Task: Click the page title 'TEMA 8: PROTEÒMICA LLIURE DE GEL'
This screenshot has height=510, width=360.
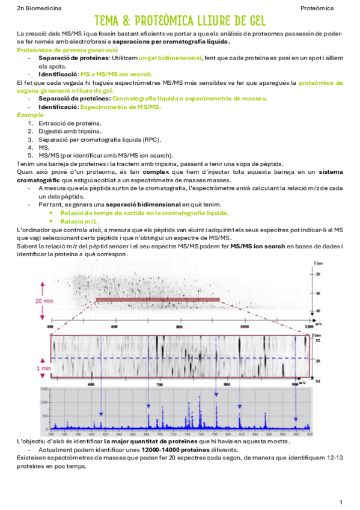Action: pos(180,21)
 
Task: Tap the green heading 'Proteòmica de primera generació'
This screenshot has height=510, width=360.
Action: pos(67,50)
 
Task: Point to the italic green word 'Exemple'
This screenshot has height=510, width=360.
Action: pos(26,114)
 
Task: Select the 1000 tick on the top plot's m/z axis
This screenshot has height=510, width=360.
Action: pos(243,327)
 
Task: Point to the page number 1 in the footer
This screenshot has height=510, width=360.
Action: pos(341,502)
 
